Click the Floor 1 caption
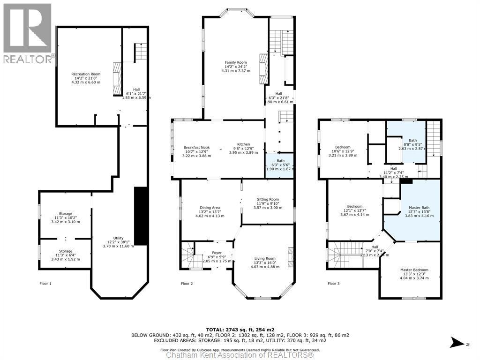pos(45,284)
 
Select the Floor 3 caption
pos(333,284)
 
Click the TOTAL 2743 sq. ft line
pos(240,330)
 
